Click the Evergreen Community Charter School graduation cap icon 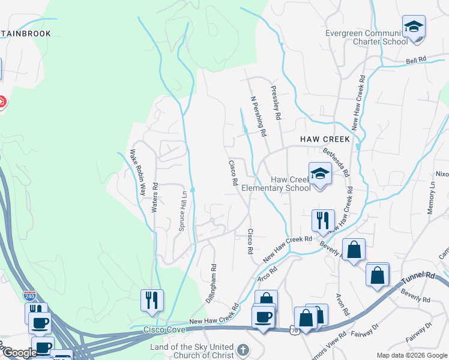coord(413,27)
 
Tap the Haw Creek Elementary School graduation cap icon coord(320,175)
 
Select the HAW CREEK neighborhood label coord(325,139)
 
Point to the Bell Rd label coord(415,60)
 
